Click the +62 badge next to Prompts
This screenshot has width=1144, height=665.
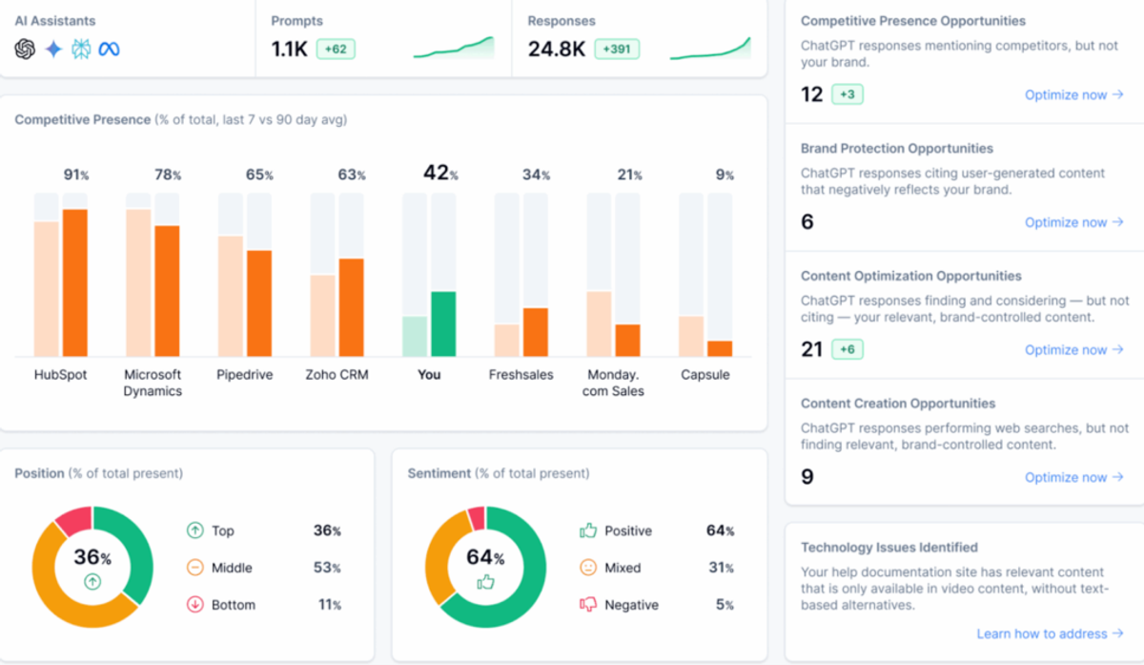tap(336, 49)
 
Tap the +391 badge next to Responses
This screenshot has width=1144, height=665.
tap(617, 49)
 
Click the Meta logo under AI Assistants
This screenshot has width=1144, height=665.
tap(109, 50)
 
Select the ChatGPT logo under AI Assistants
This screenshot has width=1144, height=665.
tap(25, 50)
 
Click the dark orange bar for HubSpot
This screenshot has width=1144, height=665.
tap(75, 282)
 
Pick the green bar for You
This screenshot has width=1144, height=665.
tap(443, 323)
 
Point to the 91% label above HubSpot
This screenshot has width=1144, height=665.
tap(75, 175)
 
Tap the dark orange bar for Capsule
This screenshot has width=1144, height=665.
tap(720, 348)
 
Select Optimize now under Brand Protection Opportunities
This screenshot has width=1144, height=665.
tap(1073, 222)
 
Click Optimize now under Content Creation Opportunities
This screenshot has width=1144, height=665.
tap(1073, 477)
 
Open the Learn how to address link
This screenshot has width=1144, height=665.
tap(1050, 634)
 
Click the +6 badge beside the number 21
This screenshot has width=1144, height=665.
tap(848, 349)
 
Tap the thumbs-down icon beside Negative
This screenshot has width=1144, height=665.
tap(588, 605)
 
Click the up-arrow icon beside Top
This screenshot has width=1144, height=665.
tap(194, 530)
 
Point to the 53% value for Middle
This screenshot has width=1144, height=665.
tap(327, 568)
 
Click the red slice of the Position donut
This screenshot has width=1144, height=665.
tap(73, 521)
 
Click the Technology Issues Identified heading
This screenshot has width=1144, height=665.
tap(889, 548)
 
